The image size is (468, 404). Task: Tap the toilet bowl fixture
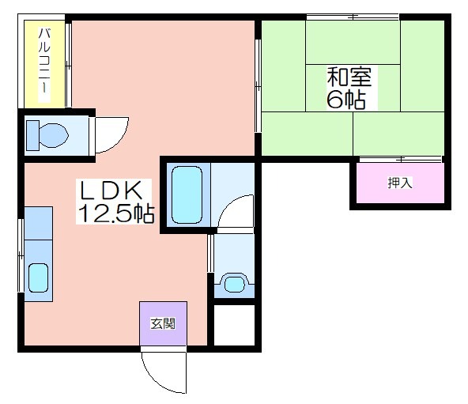54,135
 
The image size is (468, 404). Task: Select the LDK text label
111,191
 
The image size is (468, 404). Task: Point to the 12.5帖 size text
115,213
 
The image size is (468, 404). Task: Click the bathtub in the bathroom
187,194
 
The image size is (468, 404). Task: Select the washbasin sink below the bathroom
235,284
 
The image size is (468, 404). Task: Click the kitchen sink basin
38,278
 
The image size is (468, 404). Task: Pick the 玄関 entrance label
163,323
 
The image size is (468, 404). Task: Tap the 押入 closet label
400,183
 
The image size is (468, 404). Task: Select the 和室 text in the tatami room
349,77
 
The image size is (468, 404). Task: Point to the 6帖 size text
346,100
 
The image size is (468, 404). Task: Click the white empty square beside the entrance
235,325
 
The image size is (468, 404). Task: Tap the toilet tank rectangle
33,135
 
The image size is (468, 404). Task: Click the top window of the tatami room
353,17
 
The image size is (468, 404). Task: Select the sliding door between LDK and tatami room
259,85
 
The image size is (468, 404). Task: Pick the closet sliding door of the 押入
401,160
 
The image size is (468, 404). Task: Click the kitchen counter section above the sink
38,224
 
